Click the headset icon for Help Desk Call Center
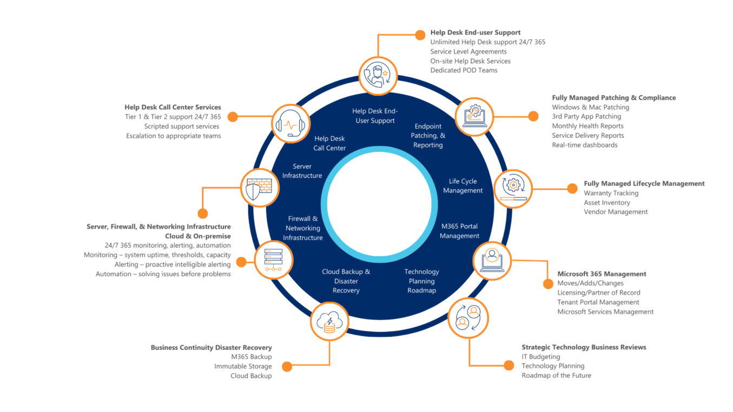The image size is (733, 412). (x=290, y=124)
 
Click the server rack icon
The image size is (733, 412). (x=274, y=260)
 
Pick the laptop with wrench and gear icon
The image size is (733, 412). (x=474, y=117)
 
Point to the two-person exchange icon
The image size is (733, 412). (x=468, y=318)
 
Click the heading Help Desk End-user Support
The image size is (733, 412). (x=475, y=32)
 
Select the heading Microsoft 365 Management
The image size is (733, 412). (x=602, y=274)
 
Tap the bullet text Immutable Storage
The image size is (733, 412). (x=243, y=366)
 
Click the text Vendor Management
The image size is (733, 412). (x=616, y=212)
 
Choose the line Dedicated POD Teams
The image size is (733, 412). (x=464, y=70)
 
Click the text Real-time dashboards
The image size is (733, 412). (x=584, y=145)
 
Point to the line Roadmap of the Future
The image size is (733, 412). (x=556, y=375)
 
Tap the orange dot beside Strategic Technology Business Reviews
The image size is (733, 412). (x=509, y=366)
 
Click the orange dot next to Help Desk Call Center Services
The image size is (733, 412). (x=233, y=117)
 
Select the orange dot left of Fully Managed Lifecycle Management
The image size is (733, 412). (x=572, y=188)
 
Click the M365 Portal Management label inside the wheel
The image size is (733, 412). (x=459, y=231)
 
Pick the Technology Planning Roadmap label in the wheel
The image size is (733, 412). (x=421, y=281)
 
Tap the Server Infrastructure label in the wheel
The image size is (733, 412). (x=302, y=171)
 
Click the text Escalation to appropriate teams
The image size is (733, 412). (x=174, y=136)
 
